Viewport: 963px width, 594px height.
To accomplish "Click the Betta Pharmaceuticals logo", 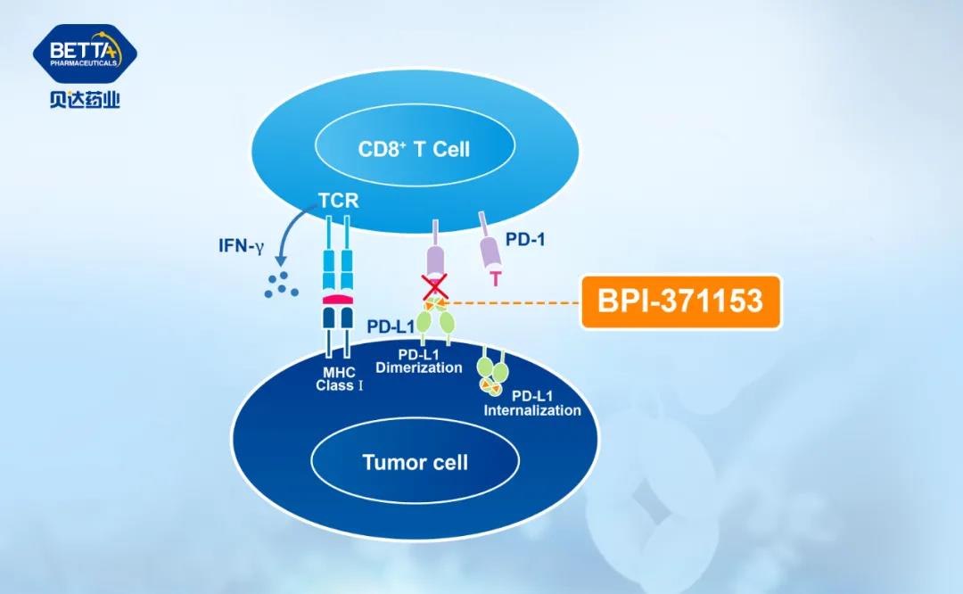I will [85, 55].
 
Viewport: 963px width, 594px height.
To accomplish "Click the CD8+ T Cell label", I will [414, 149].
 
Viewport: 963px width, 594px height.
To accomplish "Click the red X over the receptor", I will [435, 286].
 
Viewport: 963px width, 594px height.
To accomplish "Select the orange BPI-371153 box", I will [680, 301].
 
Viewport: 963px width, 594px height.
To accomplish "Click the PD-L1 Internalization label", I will [531, 403].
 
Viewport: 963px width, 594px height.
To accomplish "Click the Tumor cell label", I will [415, 462].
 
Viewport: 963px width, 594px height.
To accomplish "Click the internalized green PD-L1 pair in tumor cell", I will [491, 374].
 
